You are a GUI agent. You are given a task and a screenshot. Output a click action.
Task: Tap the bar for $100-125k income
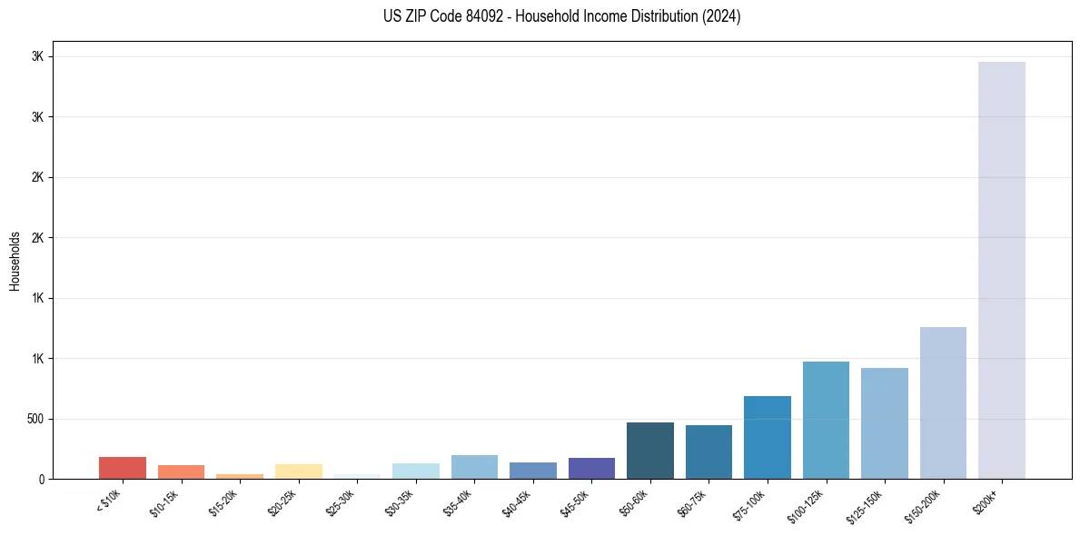click(826, 420)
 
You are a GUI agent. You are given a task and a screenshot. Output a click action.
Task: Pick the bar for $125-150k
click(884, 423)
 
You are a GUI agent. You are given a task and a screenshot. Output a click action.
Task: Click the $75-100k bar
click(767, 437)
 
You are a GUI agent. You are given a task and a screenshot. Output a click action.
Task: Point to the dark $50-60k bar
click(649, 451)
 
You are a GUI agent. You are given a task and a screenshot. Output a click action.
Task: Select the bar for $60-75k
click(708, 452)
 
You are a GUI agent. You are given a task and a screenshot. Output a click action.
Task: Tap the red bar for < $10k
click(122, 468)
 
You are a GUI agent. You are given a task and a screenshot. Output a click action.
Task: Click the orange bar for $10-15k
click(181, 471)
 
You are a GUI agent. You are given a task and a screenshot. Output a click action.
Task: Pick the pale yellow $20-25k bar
click(298, 471)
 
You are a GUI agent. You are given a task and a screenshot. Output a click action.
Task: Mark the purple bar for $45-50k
click(591, 468)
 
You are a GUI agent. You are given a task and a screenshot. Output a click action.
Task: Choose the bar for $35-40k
click(474, 467)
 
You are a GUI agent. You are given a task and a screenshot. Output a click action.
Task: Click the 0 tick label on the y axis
click(43, 479)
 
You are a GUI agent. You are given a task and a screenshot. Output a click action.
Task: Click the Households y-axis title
click(15, 261)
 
